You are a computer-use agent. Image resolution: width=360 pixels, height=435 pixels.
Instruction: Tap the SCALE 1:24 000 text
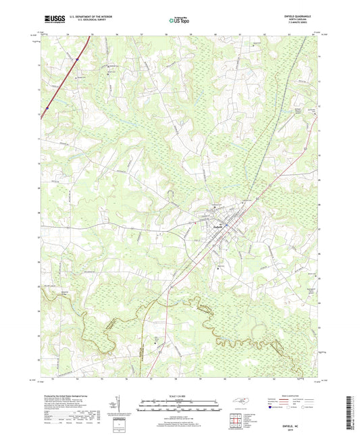pyautogui.click(x=179, y=396)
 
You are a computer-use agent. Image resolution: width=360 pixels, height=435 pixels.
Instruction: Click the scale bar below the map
pyautogui.click(x=179, y=405)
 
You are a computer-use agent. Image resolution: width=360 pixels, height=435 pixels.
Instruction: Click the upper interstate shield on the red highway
pyautogui.click(x=78, y=59)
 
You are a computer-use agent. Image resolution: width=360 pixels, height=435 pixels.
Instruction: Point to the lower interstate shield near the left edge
pyautogui.click(x=47, y=107)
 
